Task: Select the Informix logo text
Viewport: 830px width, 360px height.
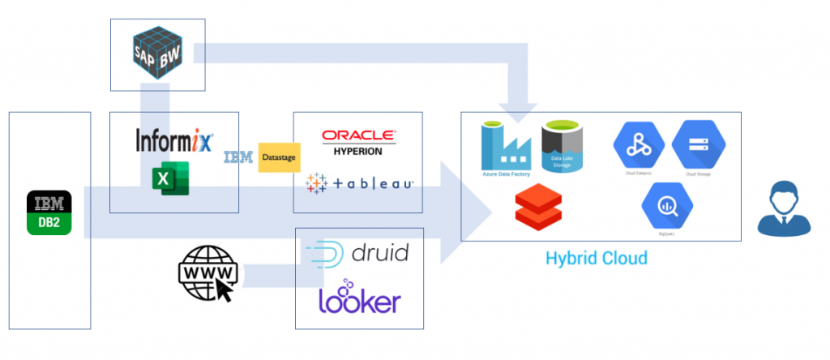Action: click(173, 140)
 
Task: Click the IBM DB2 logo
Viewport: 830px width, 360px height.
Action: click(49, 212)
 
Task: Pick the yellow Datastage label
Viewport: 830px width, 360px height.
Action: click(279, 157)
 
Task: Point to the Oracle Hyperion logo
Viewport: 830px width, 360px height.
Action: click(357, 142)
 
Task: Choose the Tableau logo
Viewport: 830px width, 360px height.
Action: click(359, 184)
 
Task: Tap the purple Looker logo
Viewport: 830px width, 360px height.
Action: click(359, 299)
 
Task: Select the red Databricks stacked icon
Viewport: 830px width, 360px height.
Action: click(534, 207)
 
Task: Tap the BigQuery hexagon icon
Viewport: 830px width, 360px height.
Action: click(667, 206)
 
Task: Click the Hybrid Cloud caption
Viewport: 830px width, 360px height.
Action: click(596, 259)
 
